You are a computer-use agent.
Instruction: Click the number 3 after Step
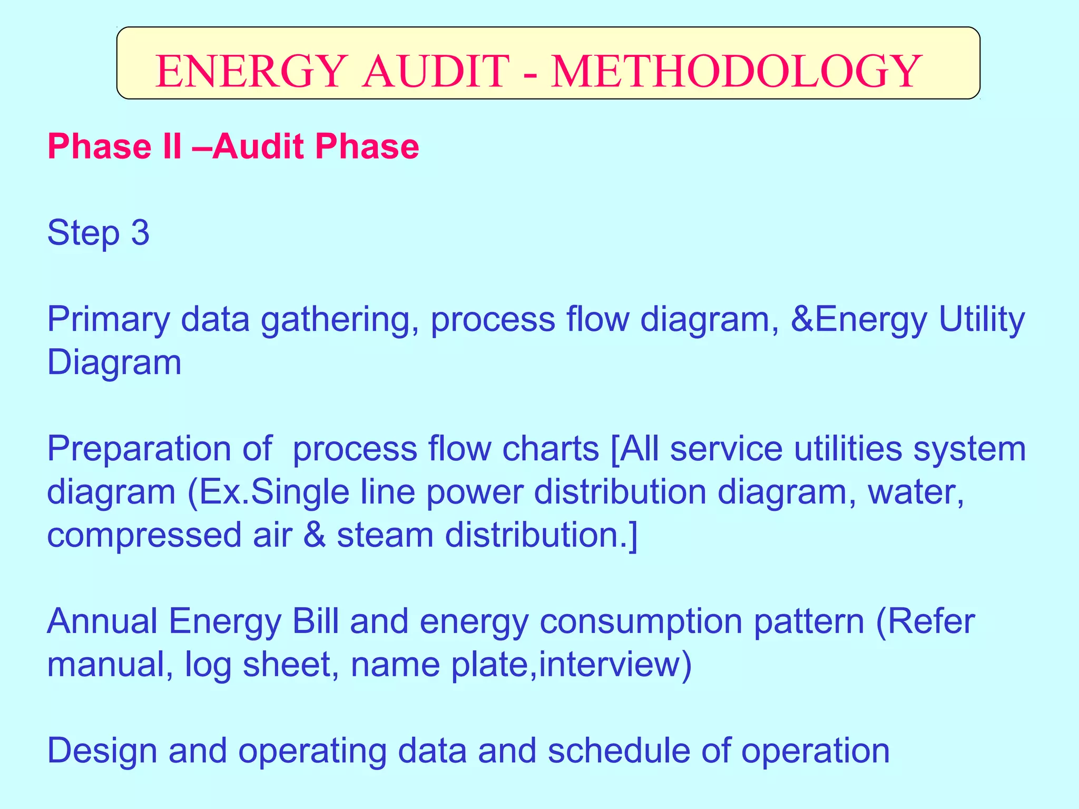tap(140, 232)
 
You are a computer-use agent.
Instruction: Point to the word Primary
tap(109, 319)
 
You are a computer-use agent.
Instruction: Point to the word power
tap(474, 492)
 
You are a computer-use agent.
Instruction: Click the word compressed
tap(144, 535)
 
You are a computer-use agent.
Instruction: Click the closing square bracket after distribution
tap(633, 535)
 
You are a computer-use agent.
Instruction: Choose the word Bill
tap(316, 621)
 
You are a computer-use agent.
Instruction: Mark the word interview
tap(609, 665)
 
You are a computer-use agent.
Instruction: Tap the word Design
tap(102, 751)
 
